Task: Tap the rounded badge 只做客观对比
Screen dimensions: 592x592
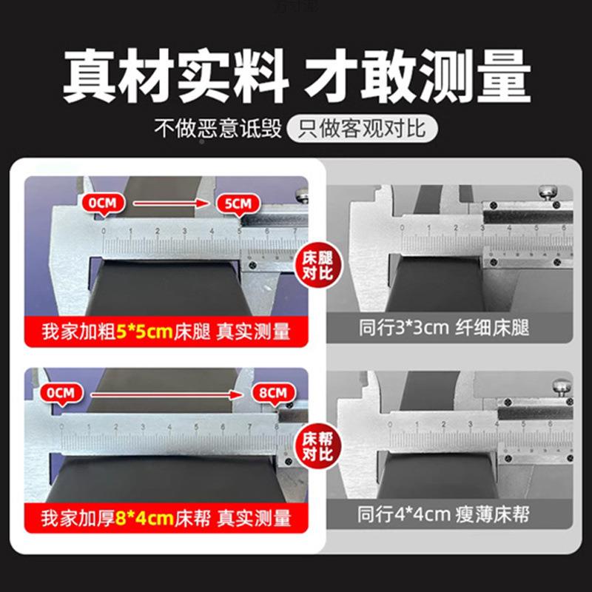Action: click(363, 130)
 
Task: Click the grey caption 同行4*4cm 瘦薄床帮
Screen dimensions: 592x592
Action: click(443, 513)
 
